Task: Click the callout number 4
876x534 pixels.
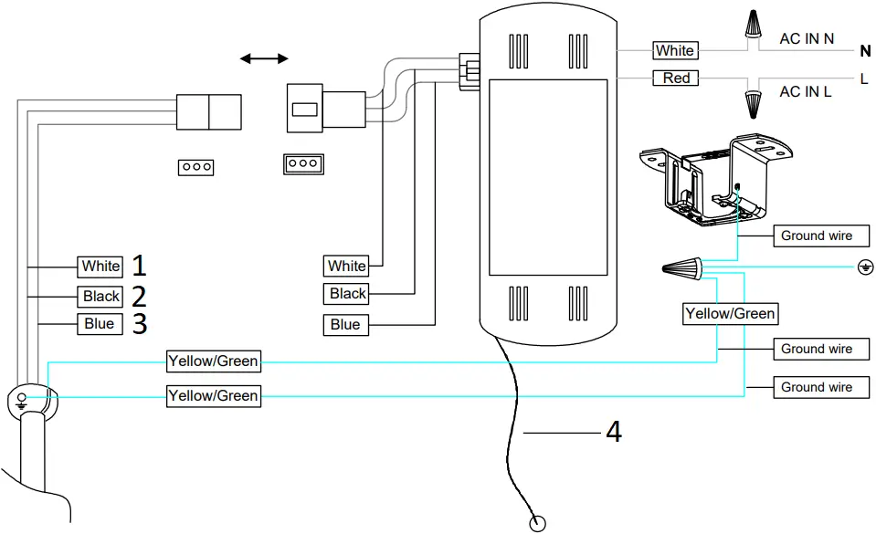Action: [x=614, y=431]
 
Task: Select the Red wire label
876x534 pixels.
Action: [x=676, y=79]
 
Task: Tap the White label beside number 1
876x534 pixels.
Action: [x=100, y=267]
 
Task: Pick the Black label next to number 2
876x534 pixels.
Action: [x=100, y=296]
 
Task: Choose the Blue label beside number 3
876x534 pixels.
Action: [x=100, y=324]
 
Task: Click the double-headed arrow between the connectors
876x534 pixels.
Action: [x=263, y=59]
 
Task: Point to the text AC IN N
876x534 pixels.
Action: [x=807, y=39]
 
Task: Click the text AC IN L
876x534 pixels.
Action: [x=805, y=91]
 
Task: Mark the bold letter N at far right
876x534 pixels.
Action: [x=864, y=52]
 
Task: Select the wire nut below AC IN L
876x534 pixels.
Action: [x=754, y=103]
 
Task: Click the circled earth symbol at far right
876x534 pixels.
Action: [x=863, y=267]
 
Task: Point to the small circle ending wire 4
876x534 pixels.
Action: [x=538, y=523]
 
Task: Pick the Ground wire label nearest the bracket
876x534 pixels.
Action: [x=816, y=236]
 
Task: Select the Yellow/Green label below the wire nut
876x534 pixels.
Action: [x=730, y=314]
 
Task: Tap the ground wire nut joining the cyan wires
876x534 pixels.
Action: [x=684, y=268]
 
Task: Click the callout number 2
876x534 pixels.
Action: [x=139, y=296]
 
